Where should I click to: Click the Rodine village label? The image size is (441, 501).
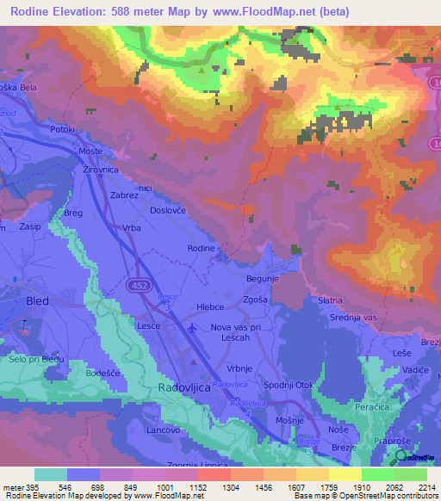tap(202, 248)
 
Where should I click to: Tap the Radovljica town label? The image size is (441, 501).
tap(184, 389)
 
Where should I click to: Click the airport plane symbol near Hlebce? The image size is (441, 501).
tap(192, 327)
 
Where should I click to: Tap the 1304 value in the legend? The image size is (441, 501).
tap(206, 486)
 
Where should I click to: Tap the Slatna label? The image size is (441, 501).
tap(331, 300)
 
